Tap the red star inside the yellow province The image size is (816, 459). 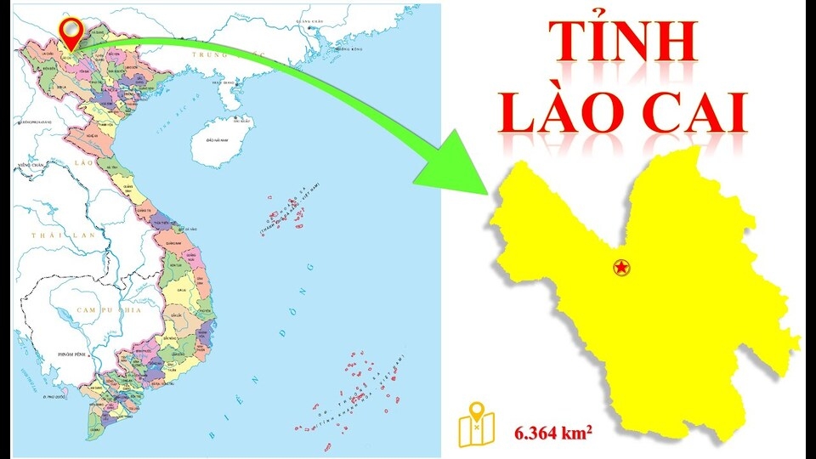622,269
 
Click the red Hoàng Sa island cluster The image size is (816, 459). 285,212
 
